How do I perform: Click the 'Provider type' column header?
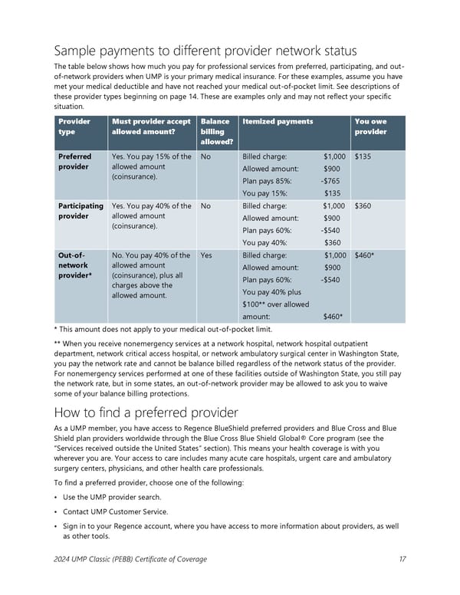tap(74, 127)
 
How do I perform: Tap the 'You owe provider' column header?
tap(370, 127)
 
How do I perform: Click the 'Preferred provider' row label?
tap(75, 162)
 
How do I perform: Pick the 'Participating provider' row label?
tap(80, 211)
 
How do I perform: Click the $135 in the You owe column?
tap(363, 156)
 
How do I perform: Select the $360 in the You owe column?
tap(363, 205)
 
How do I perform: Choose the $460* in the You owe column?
tap(365, 255)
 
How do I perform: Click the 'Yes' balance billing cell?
tap(206, 255)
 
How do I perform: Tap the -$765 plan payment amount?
tap(330, 181)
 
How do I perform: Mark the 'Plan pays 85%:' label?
tap(267, 181)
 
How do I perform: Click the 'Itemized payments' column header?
tap(278, 121)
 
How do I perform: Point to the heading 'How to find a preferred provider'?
tap(145, 411)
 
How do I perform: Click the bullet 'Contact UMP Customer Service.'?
tap(115, 511)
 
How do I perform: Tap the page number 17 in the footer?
tap(402, 559)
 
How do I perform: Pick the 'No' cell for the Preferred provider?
tap(205, 156)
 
